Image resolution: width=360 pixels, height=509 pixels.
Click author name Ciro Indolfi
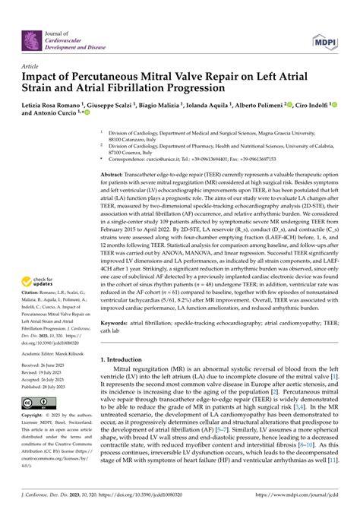coord(308,104)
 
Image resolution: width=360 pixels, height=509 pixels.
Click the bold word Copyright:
coord(36,416)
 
